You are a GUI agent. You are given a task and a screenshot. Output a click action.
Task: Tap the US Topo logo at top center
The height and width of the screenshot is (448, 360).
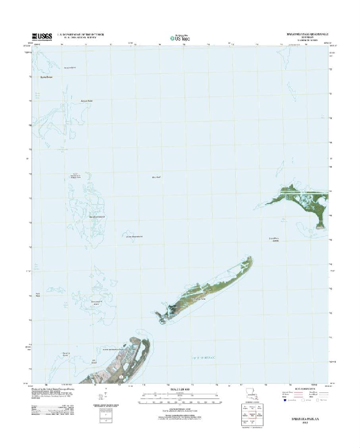point(179,38)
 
